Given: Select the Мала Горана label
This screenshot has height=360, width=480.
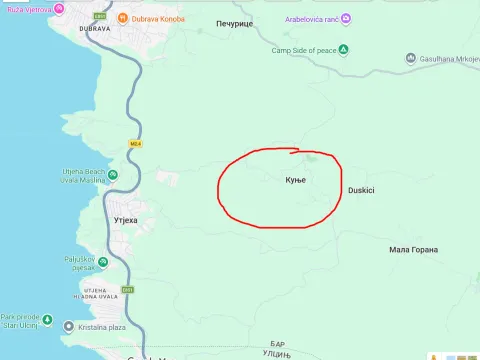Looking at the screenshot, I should (414, 249).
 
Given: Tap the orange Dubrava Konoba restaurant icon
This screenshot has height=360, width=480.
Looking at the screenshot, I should (122, 18).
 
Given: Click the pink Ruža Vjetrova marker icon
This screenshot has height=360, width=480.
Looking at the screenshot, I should (59, 9).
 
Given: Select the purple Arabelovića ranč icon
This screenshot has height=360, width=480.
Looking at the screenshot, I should (345, 19).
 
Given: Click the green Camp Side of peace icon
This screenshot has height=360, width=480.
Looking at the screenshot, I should (343, 50).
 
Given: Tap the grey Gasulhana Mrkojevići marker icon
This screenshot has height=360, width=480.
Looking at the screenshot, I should (410, 59).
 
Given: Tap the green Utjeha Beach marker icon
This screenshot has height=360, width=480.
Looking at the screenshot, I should (112, 175).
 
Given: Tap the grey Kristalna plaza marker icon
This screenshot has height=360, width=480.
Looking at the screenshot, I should (68, 327).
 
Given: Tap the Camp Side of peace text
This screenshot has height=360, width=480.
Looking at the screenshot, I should (303, 50).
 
